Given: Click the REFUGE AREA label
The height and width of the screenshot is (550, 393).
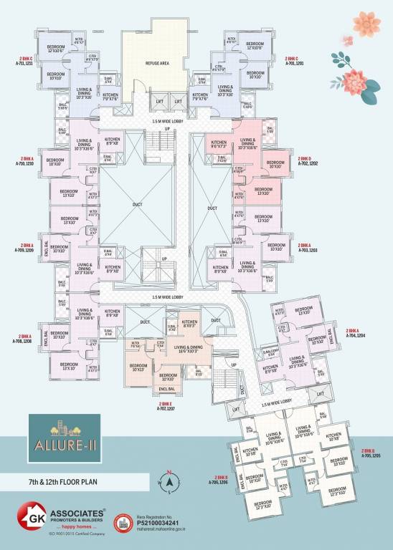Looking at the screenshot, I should (x=157, y=63).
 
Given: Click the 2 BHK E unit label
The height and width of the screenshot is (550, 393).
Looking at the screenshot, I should (x=166, y=403).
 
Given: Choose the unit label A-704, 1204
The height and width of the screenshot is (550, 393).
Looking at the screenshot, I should (x=356, y=335).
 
